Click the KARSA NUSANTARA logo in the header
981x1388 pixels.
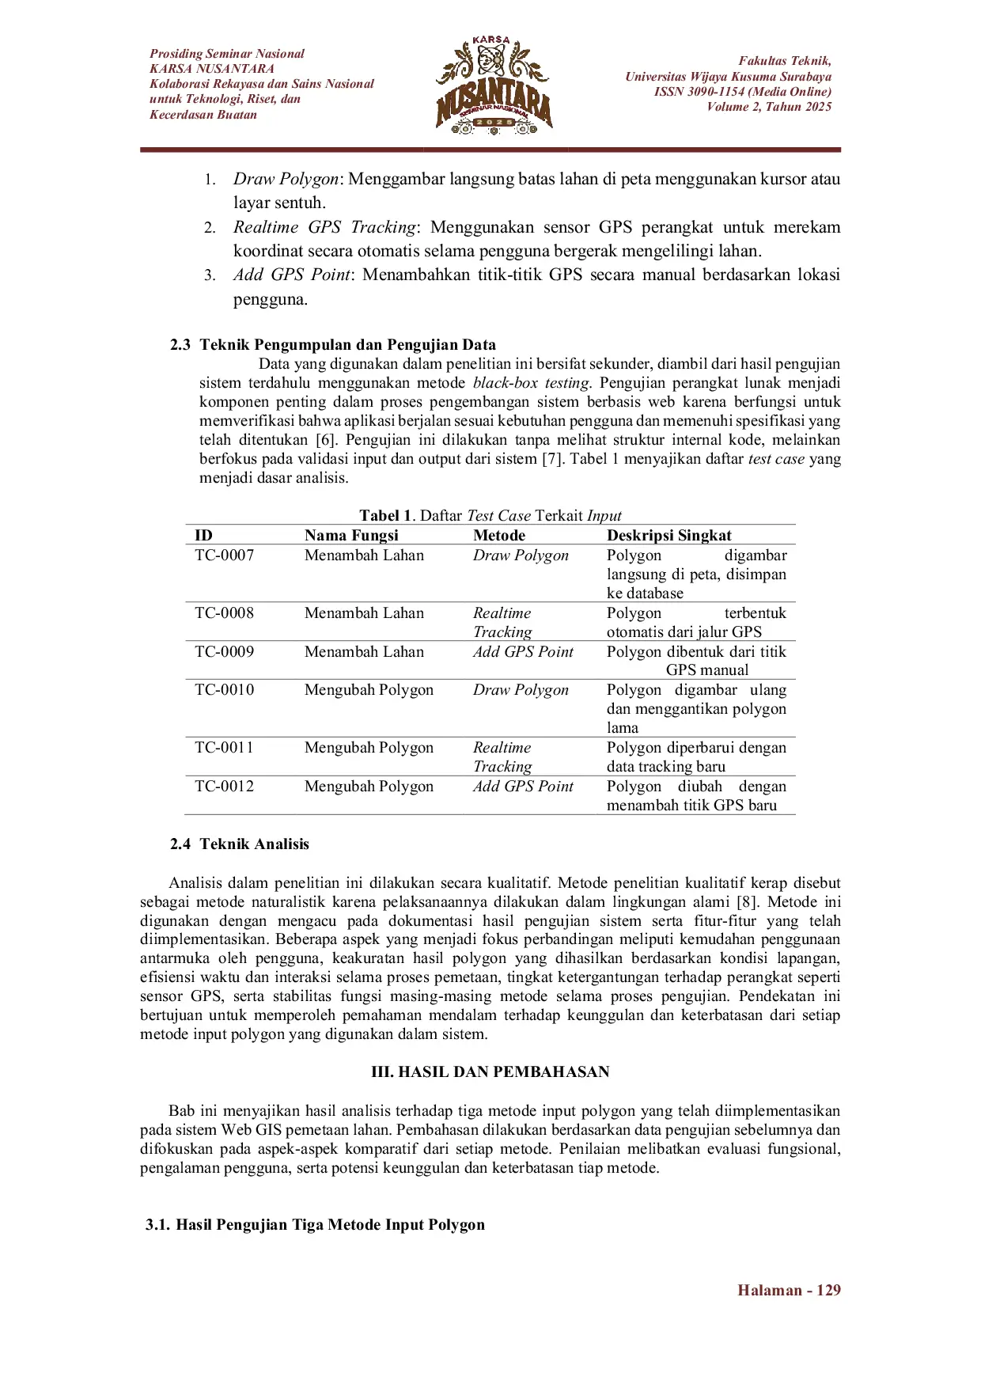[494, 85]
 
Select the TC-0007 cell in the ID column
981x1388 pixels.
[225, 556]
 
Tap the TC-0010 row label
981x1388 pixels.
[225, 690]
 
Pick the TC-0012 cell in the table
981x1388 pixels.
[225, 787]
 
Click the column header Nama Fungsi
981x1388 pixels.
[351, 535]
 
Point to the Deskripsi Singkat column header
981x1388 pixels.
[669, 535]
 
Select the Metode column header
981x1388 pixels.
[499, 535]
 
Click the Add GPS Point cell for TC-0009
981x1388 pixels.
[523, 652]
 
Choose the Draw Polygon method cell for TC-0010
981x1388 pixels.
[521, 690]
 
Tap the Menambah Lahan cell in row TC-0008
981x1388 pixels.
[364, 613]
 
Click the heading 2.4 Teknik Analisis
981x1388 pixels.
[240, 844]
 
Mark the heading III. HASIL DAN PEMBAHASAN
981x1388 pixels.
[490, 1072]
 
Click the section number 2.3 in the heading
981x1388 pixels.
[180, 345]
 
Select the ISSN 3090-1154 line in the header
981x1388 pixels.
[742, 92]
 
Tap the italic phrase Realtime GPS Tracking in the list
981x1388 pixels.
[324, 228]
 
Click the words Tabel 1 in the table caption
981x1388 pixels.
[385, 516]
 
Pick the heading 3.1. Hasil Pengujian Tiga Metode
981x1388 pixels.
[315, 1225]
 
